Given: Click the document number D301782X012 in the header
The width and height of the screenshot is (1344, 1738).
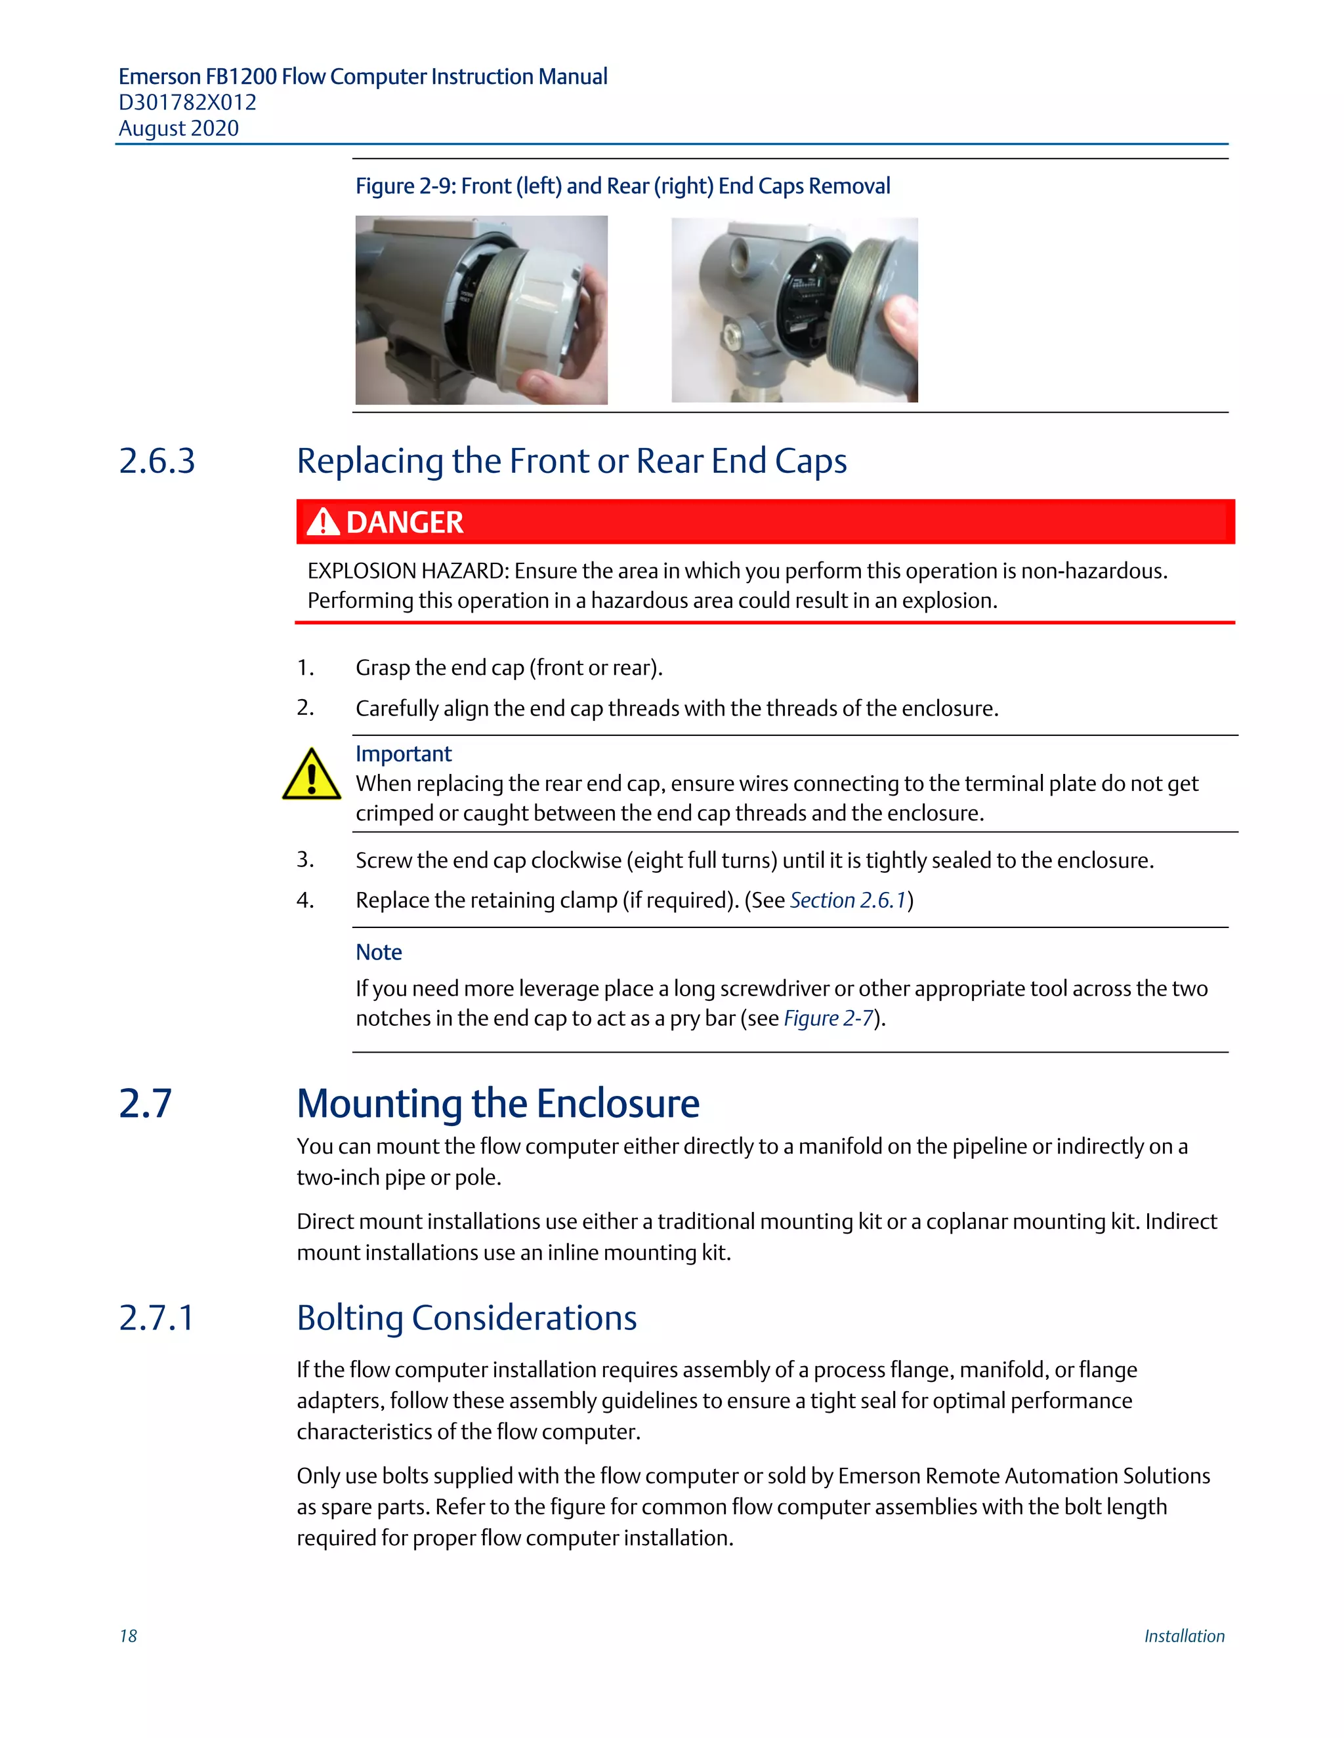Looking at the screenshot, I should (187, 103).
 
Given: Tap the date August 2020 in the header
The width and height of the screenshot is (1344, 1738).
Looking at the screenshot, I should (178, 129).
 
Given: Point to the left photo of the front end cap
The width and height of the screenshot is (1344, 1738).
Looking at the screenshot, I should (481, 310).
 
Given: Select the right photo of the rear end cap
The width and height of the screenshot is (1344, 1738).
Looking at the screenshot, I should (794, 310).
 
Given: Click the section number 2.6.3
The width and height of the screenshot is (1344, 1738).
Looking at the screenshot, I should (157, 462).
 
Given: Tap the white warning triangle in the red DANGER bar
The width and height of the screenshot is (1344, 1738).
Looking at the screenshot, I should (322, 523).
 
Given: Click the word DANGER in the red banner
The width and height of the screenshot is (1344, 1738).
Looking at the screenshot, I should (404, 523).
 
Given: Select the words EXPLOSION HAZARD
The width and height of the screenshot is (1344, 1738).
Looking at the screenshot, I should (407, 571).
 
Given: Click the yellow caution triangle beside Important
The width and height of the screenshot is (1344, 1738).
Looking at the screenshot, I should (311, 775).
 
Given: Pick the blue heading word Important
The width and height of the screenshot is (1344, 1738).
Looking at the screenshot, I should (403, 754).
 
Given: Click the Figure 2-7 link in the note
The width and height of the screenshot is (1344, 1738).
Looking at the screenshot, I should (828, 1019).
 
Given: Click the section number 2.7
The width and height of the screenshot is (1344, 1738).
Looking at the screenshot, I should (145, 1104).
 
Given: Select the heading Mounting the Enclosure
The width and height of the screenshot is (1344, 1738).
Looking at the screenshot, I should (497, 1104).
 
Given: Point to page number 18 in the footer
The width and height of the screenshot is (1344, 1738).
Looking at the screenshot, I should (128, 1636).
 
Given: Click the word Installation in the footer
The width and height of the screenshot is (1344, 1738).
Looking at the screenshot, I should (1184, 1636).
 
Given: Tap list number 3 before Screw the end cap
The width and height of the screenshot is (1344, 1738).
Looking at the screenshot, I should (305, 859).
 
